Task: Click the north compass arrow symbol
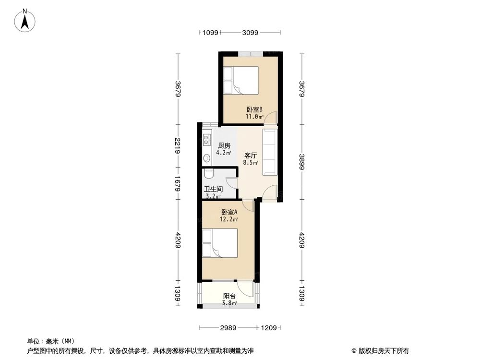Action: point(25,21)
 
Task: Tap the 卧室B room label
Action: point(254,109)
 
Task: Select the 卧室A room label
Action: point(229,212)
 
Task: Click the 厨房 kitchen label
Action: point(224,146)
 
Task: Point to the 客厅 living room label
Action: point(251,156)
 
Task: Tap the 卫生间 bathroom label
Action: point(214,189)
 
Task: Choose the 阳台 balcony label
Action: point(229,296)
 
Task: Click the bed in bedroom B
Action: point(240,80)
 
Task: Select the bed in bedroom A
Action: point(220,243)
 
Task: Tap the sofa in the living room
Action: point(270,152)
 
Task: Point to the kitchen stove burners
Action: point(207,140)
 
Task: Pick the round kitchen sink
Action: point(207,158)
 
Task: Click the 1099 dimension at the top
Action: point(210,33)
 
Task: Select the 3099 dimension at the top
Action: point(250,33)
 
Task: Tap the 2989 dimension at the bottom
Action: point(228,328)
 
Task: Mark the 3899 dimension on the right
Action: point(302,162)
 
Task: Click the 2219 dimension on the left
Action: point(178,146)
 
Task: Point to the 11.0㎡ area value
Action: point(254,117)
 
